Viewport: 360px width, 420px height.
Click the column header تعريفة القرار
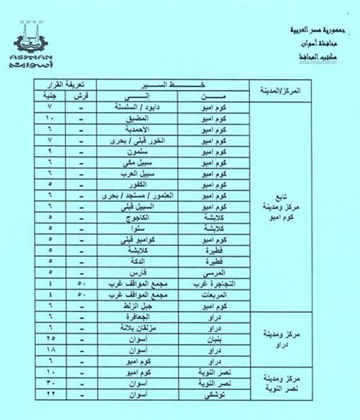(x=65, y=84)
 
